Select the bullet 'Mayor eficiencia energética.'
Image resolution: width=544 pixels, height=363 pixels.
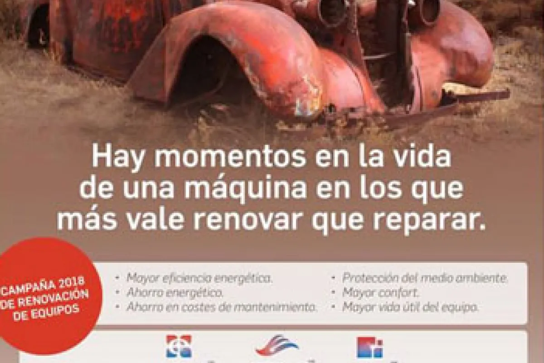199,278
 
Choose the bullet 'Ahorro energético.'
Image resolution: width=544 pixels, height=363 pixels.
175,292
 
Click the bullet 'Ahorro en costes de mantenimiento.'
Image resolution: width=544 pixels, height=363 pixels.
222,307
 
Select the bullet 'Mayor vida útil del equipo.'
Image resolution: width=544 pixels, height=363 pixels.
410,307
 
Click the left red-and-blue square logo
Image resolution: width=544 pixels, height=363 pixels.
179,346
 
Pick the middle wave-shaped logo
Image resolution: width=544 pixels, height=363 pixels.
277,345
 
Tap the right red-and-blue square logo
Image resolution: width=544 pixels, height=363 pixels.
369,347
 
